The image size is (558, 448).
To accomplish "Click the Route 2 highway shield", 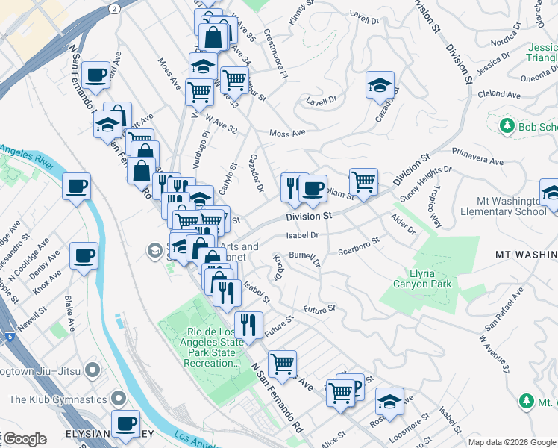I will tap(113, 8).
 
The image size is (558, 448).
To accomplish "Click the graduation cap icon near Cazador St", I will tap(380, 85).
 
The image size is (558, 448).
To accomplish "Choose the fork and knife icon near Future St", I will tap(248, 325).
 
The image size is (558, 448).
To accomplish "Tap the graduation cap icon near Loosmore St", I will tap(389, 402).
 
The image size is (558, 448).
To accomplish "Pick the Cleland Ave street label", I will tap(499, 95).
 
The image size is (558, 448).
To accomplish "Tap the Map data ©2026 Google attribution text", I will tap(511, 442).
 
